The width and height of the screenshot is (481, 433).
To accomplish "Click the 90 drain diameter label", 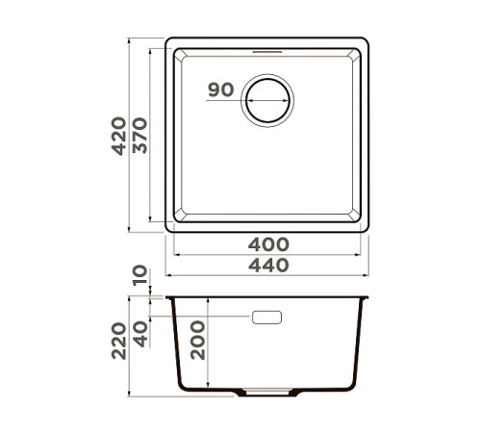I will [220, 90].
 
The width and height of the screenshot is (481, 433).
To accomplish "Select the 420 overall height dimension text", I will [117, 136].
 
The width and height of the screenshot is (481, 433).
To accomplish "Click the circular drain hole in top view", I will [267, 98].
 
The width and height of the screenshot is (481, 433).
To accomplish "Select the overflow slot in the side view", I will [266, 317].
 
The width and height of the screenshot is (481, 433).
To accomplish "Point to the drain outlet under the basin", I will [267, 395].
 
